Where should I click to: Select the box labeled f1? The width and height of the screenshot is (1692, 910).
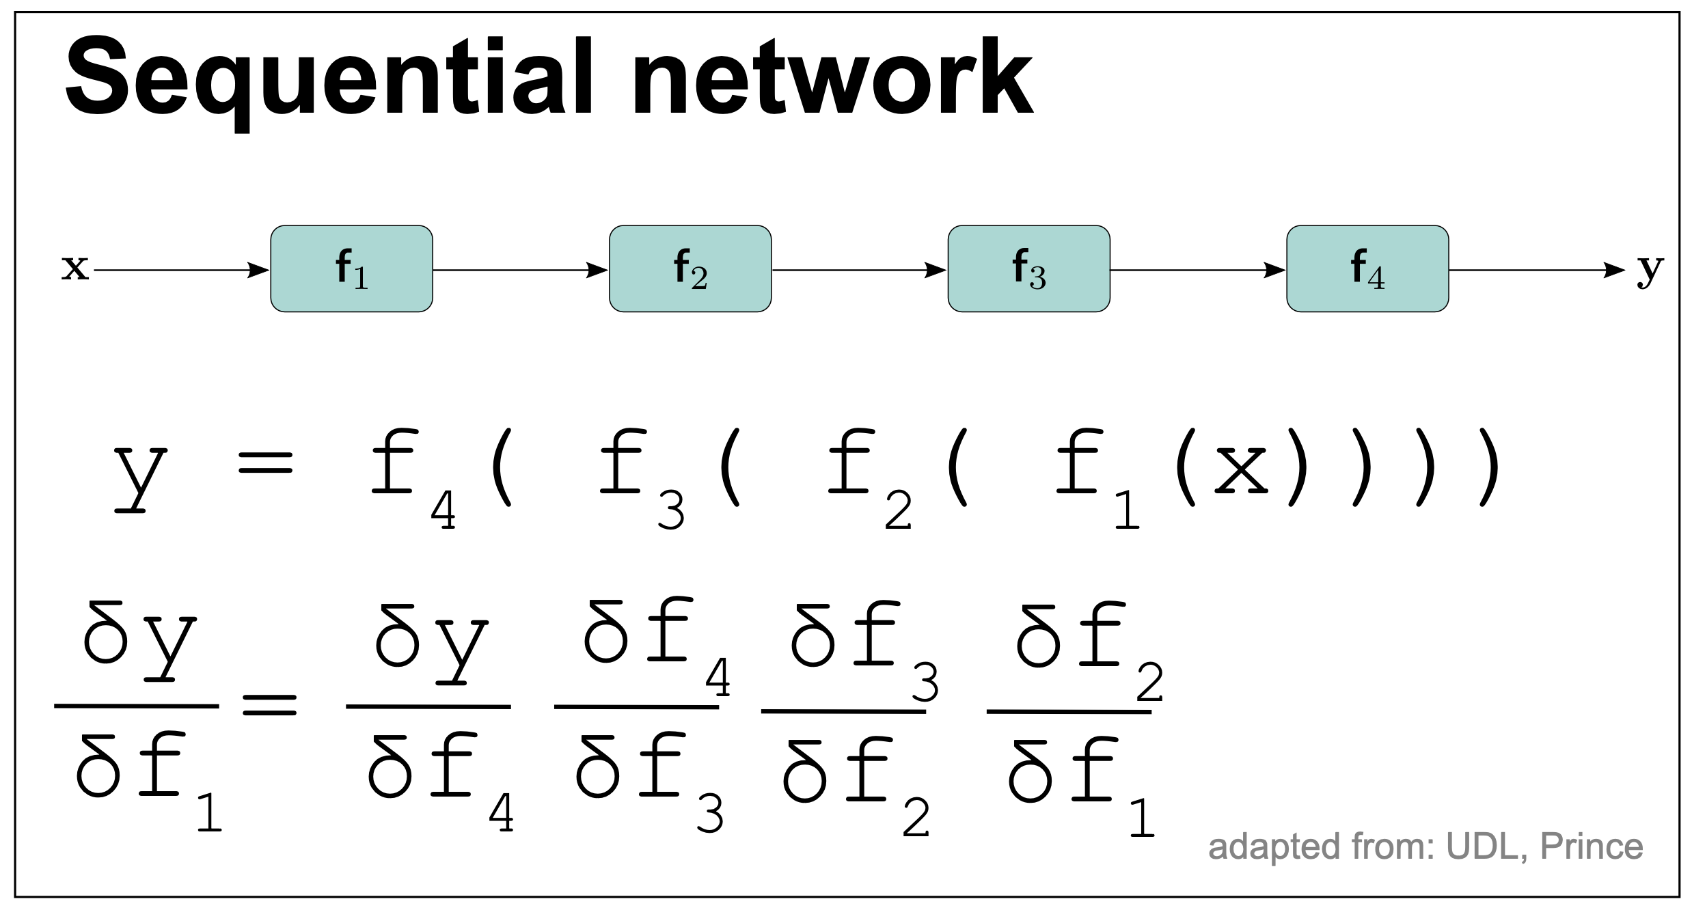(351, 268)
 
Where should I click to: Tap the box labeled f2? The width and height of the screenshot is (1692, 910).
(690, 268)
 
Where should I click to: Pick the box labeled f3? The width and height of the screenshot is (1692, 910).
(1028, 268)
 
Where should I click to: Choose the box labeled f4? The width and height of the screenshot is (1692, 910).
(1367, 268)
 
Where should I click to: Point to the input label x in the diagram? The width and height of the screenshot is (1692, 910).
(74, 267)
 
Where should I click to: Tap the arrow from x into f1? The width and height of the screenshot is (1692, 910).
(182, 270)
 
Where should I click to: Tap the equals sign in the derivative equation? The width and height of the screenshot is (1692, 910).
(270, 704)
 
